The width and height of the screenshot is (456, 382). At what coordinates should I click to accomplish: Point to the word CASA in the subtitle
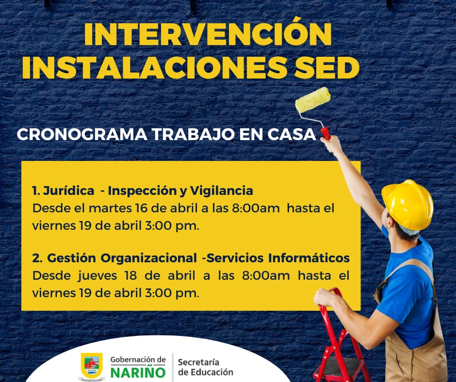(x=292, y=134)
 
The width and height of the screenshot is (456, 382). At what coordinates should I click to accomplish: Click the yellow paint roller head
(x=313, y=100)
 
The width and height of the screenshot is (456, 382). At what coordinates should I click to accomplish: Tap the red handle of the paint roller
(x=326, y=133)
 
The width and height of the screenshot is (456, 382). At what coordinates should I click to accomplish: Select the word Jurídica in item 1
(x=68, y=191)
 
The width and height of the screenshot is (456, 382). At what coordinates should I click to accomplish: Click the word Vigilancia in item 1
(x=221, y=191)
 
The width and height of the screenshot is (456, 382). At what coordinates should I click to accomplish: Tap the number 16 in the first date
(x=141, y=208)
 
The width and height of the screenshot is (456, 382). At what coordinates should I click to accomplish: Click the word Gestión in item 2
(x=71, y=258)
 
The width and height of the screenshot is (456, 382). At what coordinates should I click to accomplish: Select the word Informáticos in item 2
(x=309, y=258)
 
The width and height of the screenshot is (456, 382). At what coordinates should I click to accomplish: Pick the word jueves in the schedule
(x=98, y=276)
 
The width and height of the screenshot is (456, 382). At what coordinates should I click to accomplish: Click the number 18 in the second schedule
(x=131, y=276)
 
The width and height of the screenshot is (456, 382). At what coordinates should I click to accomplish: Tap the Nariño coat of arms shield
(x=92, y=366)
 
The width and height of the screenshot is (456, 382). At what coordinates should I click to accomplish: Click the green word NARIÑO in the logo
(x=138, y=372)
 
